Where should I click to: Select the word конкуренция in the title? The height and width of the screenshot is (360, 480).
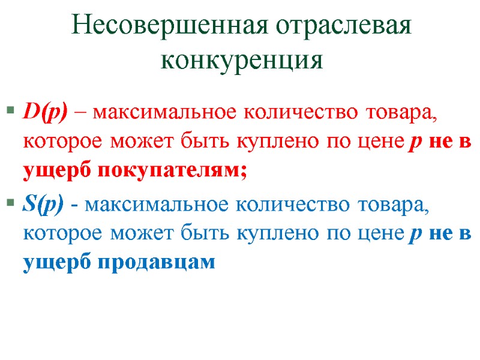coord(242,59)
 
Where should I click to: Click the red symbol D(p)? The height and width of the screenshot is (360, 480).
coord(46,112)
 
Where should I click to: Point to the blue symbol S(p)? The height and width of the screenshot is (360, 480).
coord(44,205)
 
